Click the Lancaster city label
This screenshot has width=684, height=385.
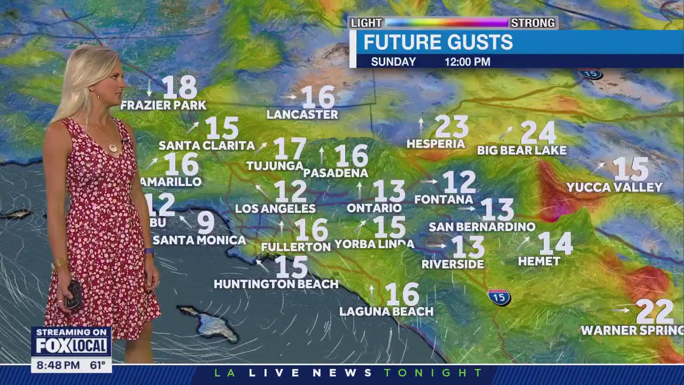point(302,114)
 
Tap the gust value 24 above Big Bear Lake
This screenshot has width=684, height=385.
point(538,132)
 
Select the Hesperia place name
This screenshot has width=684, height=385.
point(436,144)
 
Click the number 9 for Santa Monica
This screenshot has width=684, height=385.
point(206,222)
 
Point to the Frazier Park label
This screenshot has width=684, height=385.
point(163,105)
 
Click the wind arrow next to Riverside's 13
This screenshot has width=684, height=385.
point(436,246)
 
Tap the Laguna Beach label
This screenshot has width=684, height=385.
point(386,311)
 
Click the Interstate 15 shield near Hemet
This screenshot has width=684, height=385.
point(499,297)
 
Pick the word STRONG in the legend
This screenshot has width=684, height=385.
point(532,23)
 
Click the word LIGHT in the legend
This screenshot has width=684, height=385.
point(366,23)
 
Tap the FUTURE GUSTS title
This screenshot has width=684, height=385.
point(438,42)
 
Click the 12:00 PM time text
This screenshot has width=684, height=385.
point(467,62)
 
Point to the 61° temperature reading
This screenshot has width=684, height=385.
point(97,366)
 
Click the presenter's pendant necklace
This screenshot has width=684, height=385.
point(113,147)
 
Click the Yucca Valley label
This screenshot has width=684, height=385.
point(614,188)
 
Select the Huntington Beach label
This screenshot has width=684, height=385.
point(276,284)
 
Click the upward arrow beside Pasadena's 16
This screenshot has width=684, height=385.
point(322,155)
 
